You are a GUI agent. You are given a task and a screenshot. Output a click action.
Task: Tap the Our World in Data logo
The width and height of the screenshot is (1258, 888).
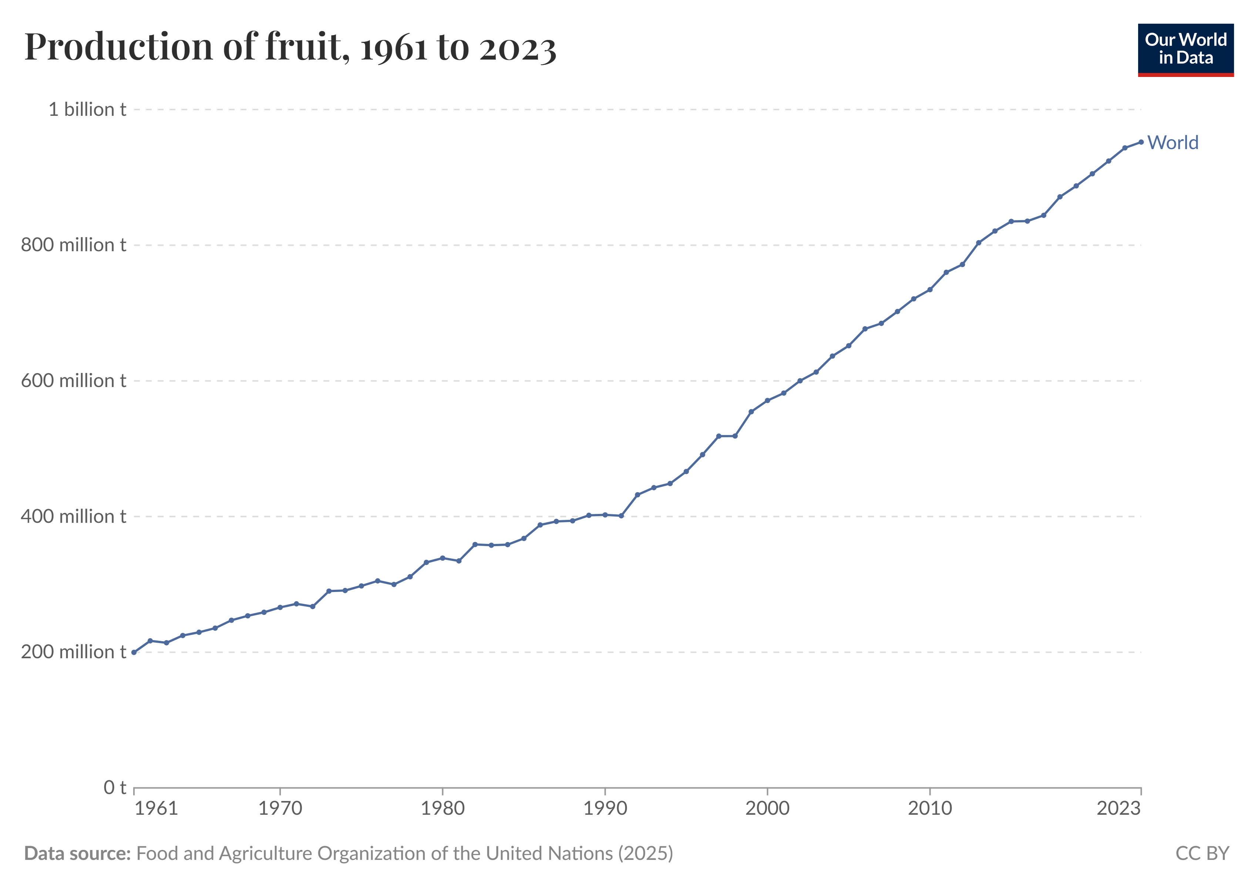click(1185, 49)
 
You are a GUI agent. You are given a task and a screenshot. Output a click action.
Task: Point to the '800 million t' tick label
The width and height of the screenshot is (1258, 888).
click(73, 245)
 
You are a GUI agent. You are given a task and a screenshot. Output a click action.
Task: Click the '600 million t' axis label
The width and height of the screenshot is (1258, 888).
click(73, 381)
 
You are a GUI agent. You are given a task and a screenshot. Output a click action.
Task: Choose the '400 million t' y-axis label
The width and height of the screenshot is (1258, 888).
click(73, 516)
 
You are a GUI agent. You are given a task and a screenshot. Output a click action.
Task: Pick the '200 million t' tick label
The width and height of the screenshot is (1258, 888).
click(73, 652)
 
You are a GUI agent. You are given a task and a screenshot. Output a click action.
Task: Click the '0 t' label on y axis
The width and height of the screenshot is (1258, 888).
click(114, 788)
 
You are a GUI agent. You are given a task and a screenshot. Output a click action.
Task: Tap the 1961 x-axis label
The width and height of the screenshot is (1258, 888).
click(156, 808)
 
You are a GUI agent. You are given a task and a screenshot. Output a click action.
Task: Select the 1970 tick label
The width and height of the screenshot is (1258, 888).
click(280, 808)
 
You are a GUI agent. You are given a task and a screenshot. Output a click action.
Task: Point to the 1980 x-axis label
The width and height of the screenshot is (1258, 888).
click(442, 808)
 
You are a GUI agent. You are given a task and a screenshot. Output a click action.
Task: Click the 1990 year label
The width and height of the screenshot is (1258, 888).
click(605, 808)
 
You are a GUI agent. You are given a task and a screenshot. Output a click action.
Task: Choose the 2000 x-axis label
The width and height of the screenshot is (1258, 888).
click(767, 808)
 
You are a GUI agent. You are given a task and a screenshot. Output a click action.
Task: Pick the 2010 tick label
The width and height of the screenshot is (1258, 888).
click(930, 808)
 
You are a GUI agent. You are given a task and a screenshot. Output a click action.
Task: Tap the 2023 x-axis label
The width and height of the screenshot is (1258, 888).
click(1118, 808)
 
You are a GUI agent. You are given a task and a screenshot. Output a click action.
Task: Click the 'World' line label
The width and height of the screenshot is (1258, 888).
click(1173, 142)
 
